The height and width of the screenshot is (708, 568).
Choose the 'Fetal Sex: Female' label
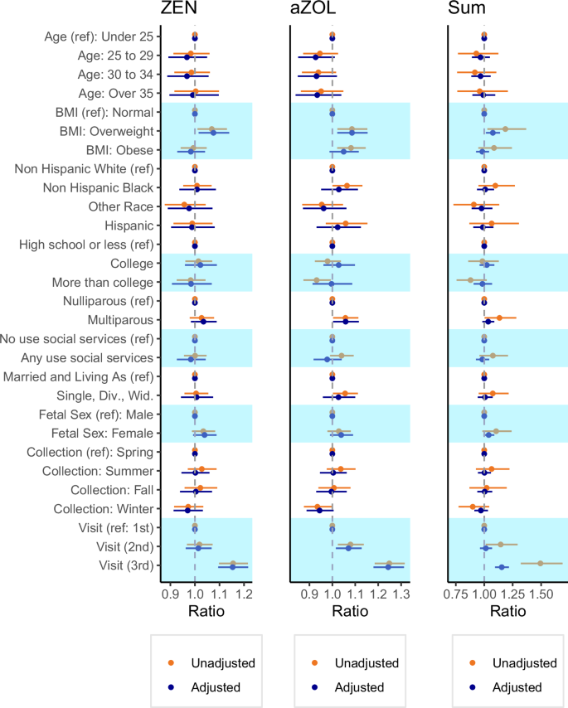coord(104,434)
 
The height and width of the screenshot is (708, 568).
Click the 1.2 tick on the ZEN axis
coord(243,594)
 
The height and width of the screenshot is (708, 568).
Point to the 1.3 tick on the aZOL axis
coord(401,594)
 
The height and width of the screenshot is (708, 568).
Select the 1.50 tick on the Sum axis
coord(541,594)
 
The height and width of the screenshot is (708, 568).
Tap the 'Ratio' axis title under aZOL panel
coord(332,613)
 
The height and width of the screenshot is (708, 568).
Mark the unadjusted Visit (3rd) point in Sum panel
coord(541,563)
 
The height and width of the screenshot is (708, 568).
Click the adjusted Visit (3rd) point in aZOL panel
coord(388,567)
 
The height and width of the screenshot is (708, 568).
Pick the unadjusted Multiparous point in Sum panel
coord(499,318)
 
